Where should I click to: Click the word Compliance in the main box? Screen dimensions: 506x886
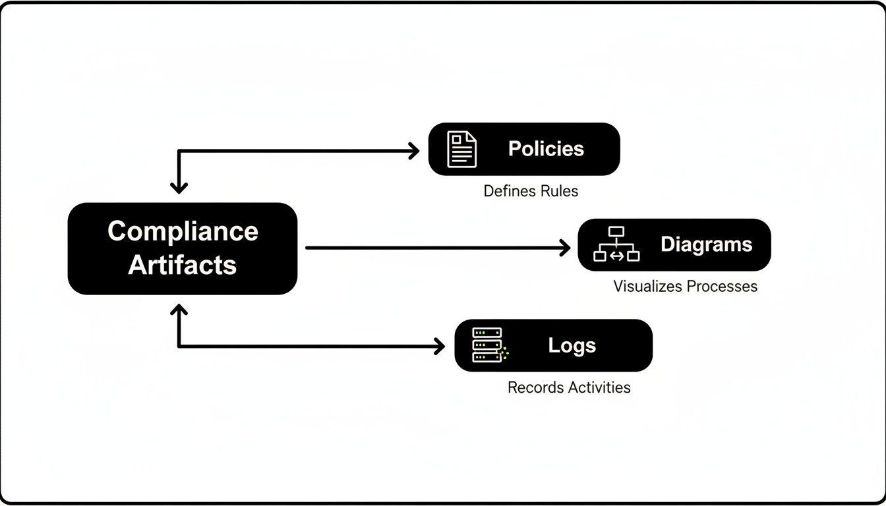click(x=183, y=231)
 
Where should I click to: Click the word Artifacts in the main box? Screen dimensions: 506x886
click(x=183, y=265)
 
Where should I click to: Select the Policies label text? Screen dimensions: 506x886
click(x=546, y=149)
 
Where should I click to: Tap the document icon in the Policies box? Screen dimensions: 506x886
click(x=461, y=150)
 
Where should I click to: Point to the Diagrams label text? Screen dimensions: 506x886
click(x=706, y=244)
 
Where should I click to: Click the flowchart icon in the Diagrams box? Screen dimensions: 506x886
click(x=616, y=244)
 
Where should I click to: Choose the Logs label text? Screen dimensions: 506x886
click(x=572, y=346)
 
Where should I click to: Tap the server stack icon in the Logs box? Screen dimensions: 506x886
click(x=488, y=345)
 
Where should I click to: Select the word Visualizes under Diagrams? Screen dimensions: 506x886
click(x=647, y=287)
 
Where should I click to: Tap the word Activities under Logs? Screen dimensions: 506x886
click(x=596, y=387)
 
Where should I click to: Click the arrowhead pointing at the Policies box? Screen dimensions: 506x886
click(x=414, y=151)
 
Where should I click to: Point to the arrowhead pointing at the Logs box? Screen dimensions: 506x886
click(x=439, y=346)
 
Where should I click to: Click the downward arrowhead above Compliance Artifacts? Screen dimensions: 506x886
click(x=179, y=187)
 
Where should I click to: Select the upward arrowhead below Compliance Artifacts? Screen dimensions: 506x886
click(x=179, y=309)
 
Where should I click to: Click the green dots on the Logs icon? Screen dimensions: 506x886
click(x=504, y=352)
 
